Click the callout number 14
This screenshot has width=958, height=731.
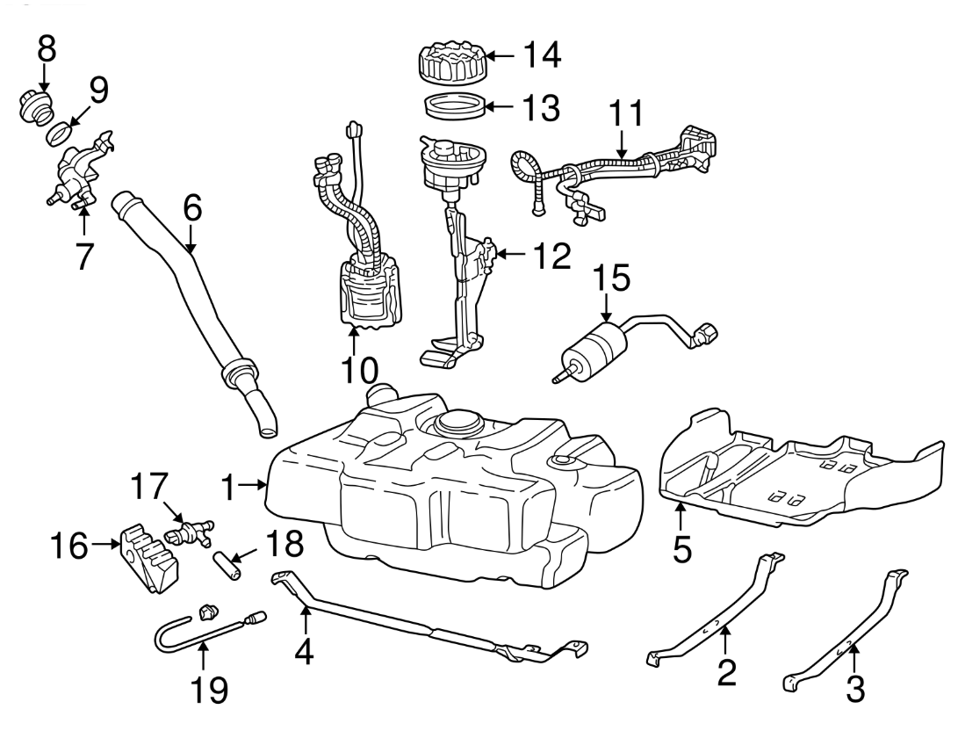point(543,54)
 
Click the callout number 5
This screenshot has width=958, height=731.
point(682,548)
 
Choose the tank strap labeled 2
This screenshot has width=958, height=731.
point(717,619)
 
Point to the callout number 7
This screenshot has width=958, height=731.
point(84,257)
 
